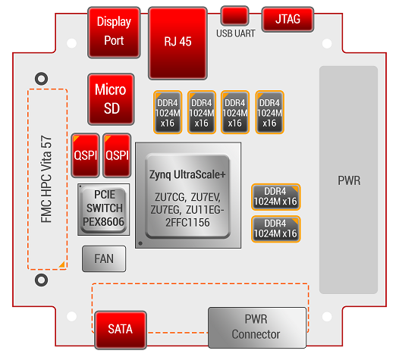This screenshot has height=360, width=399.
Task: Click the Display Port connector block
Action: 114,33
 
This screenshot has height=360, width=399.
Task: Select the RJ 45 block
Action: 178,43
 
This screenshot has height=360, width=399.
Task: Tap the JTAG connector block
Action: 287,19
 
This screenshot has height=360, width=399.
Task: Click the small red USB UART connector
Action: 234,16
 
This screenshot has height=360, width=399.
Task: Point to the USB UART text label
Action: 236,33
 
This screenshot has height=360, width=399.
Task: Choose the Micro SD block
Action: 111,99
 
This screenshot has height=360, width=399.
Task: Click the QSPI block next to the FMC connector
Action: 85,155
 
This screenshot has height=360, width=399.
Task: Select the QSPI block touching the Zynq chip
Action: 117,155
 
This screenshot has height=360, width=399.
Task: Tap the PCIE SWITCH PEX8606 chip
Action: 104,209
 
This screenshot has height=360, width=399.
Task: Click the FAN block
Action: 104,258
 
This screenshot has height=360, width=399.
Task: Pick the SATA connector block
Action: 121,330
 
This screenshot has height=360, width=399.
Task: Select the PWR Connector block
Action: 257,327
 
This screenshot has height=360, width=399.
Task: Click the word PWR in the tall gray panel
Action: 349,181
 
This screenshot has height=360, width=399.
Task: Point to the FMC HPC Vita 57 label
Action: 46,179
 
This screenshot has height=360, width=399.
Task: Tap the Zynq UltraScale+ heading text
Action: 187,175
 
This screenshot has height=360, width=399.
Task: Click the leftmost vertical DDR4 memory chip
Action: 168,112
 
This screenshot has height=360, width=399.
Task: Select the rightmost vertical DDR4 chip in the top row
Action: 270,112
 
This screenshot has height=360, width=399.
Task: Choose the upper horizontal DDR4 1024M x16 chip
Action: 276,197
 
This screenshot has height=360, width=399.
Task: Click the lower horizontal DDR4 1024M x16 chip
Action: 276,229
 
